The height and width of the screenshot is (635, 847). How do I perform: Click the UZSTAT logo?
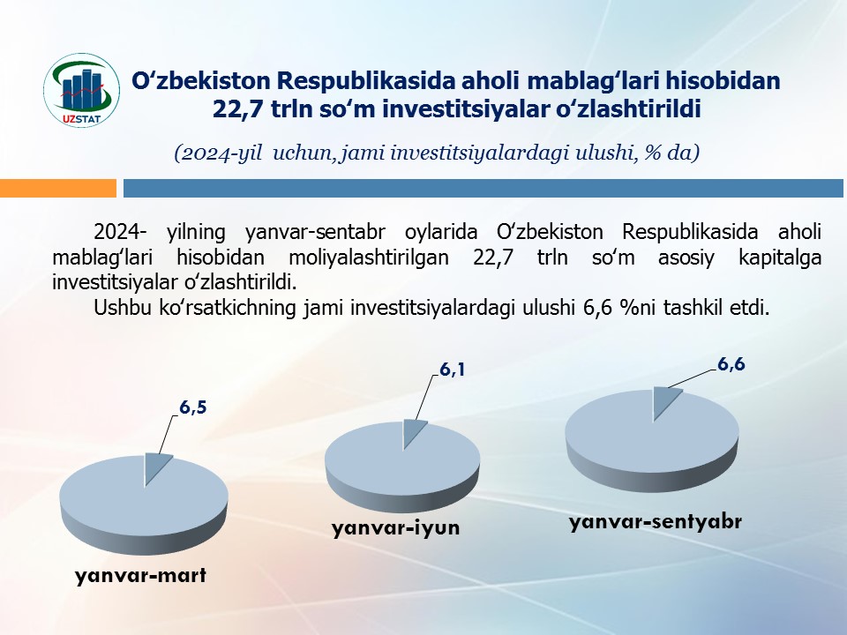pos(81,90)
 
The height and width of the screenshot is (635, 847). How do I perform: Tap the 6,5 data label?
pos(193,407)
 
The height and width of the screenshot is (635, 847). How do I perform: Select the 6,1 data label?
pos(452,370)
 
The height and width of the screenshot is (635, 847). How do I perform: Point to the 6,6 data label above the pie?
pos(731,364)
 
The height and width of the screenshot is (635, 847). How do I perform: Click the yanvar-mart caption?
pos(140,576)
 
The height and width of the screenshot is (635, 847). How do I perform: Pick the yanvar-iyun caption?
pos(396,527)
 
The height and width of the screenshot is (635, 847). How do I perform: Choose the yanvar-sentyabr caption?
pos(656,522)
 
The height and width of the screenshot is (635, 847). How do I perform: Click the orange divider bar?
pos(58,188)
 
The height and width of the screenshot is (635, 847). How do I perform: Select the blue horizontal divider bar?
pos(483,188)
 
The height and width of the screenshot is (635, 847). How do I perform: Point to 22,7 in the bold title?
pos(237,108)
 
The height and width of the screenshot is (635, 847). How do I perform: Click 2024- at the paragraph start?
pos(120,232)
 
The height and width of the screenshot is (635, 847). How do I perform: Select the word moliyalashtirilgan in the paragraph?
pos(369,257)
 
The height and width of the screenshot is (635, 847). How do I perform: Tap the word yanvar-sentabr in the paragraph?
pos(316,232)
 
